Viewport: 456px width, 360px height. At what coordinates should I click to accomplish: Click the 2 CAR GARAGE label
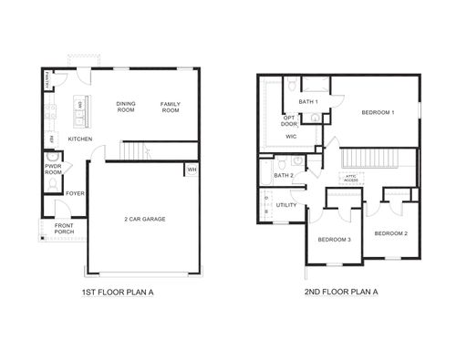point(143,219)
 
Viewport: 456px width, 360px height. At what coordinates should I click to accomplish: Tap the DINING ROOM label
point(126,107)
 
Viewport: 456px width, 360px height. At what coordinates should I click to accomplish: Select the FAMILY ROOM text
point(171,107)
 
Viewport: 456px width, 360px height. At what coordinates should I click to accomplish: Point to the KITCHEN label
point(80,139)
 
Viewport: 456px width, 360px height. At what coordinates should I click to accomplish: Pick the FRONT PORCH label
point(64,229)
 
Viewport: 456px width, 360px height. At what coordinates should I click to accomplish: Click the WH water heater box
point(192,170)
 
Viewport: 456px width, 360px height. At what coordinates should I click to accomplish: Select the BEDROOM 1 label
point(378,112)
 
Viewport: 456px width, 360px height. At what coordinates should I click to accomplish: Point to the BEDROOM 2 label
point(391,233)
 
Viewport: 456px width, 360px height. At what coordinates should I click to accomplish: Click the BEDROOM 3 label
point(335,240)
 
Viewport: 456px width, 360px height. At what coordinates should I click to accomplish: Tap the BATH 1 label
point(308,101)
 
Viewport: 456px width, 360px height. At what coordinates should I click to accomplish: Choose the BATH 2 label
point(283,175)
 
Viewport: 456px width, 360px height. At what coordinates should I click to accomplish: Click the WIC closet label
point(291,136)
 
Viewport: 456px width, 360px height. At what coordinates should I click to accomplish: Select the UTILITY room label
point(285,205)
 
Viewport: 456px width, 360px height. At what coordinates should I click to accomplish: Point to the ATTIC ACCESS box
point(350,179)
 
